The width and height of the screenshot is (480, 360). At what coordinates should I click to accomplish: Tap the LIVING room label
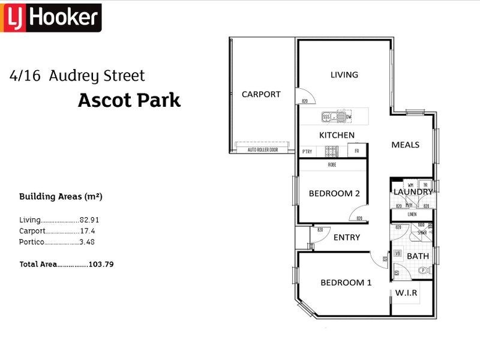tap(344, 75)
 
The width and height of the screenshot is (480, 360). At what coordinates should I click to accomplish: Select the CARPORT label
tap(261, 94)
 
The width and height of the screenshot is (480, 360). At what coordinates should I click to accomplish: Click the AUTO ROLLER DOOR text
tap(263, 149)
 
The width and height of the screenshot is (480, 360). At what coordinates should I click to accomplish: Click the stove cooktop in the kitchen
tap(331, 151)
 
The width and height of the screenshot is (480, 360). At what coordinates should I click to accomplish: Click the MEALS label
tap(405, 145)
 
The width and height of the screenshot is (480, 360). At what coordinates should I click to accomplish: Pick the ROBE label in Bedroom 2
tap(332, 164)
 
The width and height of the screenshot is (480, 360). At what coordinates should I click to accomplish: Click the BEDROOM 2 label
tap(334, 193)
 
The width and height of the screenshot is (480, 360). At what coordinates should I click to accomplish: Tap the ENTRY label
tap(347, 237)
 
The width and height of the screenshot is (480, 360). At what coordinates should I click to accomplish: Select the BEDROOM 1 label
tap(346, 283)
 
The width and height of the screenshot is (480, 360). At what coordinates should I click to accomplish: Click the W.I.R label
tap(406, 293)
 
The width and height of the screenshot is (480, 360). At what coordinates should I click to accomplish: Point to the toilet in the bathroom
tap(424, 271)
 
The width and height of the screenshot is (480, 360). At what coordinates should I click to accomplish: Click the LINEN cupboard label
tap(412, 214)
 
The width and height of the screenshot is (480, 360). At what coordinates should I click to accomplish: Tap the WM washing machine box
tap(410, 185)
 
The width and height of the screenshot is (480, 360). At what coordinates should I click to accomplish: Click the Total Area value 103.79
tap(101, 264)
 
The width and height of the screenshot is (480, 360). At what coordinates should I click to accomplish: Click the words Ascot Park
tap(129, 100)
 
